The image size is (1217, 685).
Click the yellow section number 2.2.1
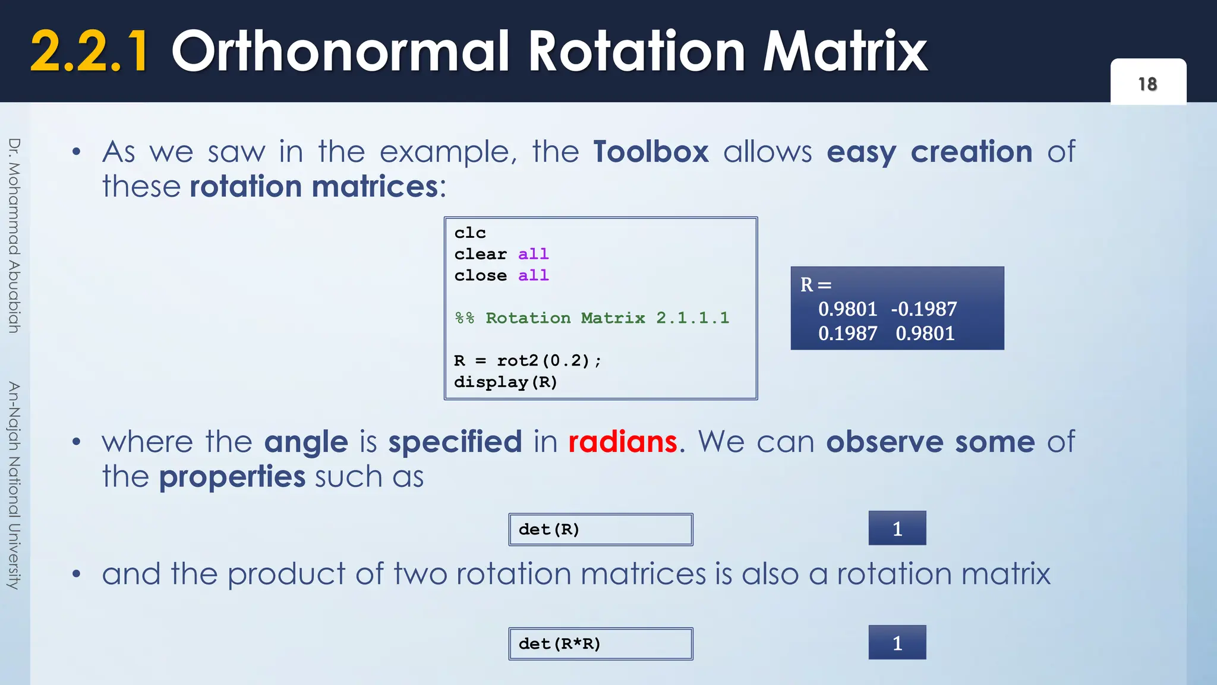(89, 52)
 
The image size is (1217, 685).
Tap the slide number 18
(1147, 84)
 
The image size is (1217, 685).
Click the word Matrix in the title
(844, 52)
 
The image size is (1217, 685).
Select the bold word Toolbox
(651, 152)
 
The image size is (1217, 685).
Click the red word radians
(622, 442)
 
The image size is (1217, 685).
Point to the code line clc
(470, 233)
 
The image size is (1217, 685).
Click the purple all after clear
(533, 254)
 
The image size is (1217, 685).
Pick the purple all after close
(533, 276)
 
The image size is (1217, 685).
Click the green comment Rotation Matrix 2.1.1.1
(606, 318)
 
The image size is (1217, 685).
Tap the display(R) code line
(506, 382)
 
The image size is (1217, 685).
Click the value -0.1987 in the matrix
(924, 309)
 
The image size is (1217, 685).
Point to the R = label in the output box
(815, 285)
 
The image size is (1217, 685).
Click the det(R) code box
(600, 529)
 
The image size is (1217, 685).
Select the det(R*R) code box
(600, 643)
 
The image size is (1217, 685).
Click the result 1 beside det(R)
(897, 528)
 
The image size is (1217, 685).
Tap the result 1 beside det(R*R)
(897, 642)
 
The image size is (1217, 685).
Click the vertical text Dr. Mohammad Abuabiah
(14, 235)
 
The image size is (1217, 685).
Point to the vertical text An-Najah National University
(14, 485)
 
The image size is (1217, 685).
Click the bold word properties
(232, 477)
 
